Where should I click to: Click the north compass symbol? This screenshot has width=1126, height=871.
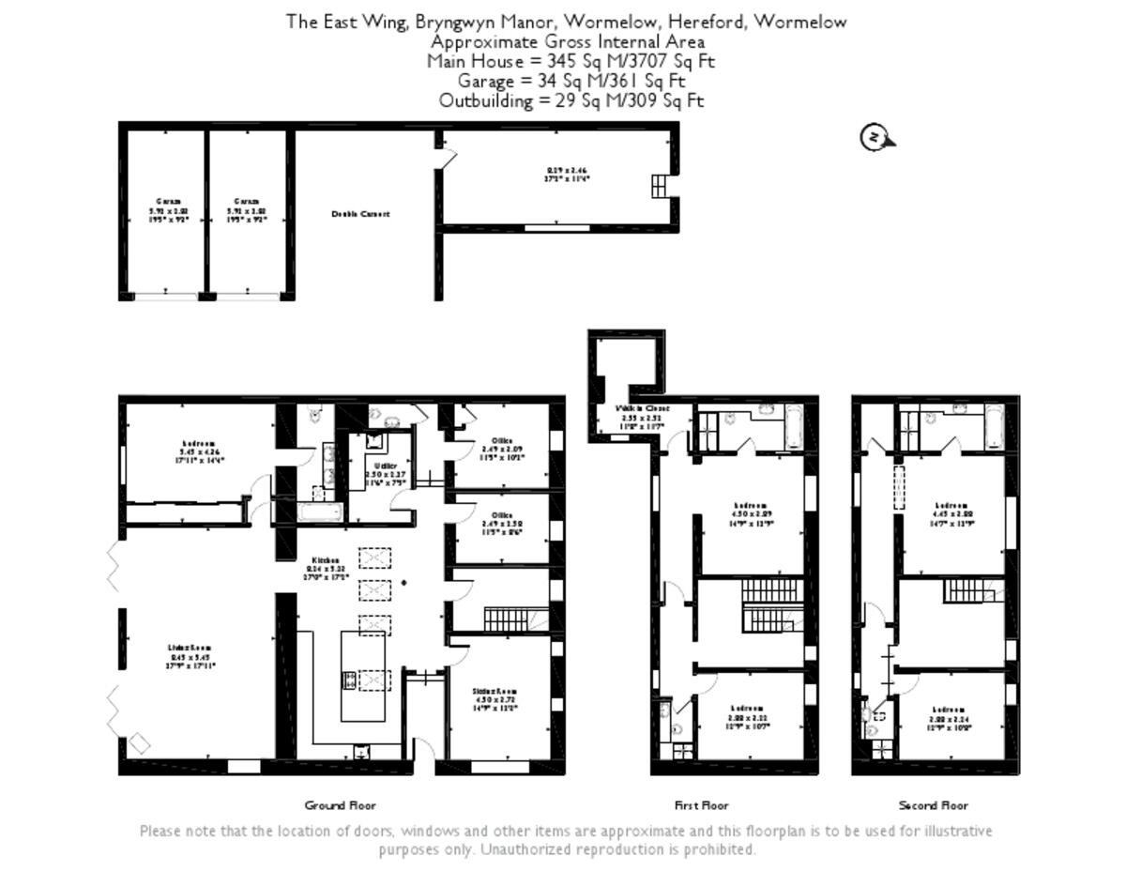coord(875,138)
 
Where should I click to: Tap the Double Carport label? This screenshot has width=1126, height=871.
coord(360,214)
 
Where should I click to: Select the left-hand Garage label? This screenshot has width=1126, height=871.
coord(167,202)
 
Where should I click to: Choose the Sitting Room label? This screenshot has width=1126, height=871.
coord(495,692)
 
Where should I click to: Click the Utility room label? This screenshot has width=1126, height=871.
coord(385,466)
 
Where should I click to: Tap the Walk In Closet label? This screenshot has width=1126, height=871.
coord(642,409)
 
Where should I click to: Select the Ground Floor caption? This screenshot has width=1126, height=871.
coord(340,805)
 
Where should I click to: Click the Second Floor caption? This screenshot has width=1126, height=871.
coord(933,805)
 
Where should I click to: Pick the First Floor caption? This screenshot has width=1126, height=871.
coord(701,805)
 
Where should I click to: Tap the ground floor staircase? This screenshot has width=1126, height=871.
coord(507,620)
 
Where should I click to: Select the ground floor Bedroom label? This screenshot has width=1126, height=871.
coord(199,444)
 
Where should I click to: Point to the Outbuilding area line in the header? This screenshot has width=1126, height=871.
coord(571,100)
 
